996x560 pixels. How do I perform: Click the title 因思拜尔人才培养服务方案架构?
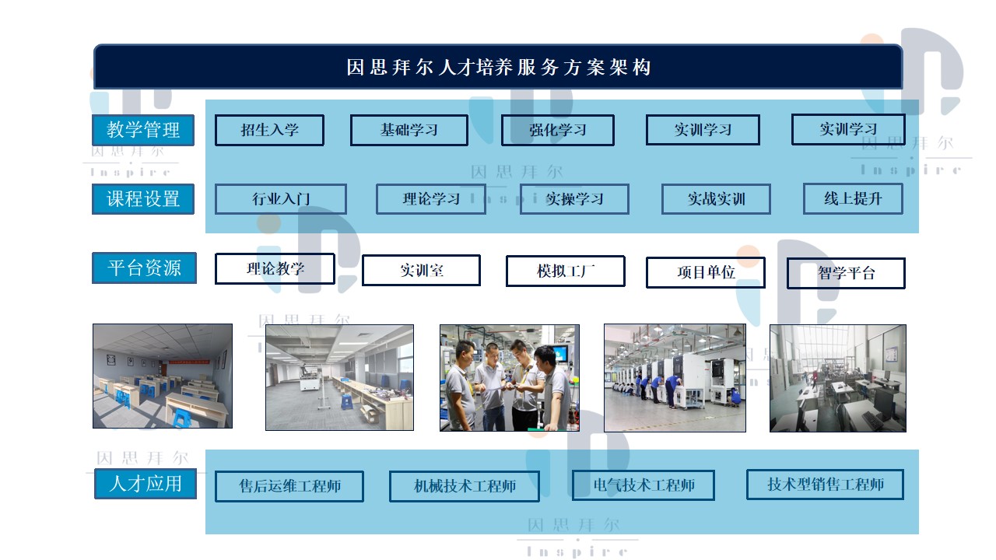point(499,68)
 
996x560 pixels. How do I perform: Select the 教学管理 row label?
point(143,130)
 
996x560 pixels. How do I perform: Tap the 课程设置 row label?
point(143,199)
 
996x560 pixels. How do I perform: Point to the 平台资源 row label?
point(144,268)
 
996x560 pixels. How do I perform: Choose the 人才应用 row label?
point(146,484)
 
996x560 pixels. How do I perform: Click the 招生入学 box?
point(269,130)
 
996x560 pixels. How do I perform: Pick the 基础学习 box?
point(409,130)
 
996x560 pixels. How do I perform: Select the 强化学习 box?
point(558,130)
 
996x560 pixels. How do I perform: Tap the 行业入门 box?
point(281,199)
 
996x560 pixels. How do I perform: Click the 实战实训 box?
point(716,199)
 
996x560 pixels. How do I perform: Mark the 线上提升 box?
point(853,198)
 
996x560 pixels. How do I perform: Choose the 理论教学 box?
point(275,268)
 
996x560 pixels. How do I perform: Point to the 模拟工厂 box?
point(565,271)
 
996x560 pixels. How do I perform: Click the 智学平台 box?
point(846,273)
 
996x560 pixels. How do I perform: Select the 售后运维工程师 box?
point(289,486)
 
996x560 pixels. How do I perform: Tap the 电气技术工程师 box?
point(644,485)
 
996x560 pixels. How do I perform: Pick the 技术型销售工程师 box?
point(826,485)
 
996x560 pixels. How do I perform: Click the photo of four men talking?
point(510,378)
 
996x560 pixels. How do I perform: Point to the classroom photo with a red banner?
point(163,376)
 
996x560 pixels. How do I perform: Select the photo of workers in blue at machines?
point(675,378)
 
